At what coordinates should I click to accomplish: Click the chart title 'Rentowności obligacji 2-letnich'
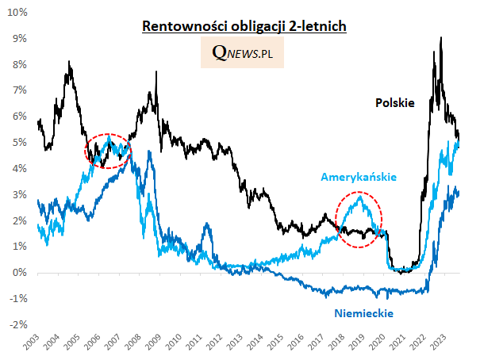[244, 27]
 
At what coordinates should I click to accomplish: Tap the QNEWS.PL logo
[243, 53]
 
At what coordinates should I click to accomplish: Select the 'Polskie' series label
[395, 102]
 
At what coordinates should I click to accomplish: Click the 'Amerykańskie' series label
[359, 177]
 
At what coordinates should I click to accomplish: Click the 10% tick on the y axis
[17, 13]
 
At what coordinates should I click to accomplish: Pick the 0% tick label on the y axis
[20, 273]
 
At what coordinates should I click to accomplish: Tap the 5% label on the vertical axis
[20, 143]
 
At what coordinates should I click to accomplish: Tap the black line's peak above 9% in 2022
[440, 37]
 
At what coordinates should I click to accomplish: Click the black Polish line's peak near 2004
[69, 62]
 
